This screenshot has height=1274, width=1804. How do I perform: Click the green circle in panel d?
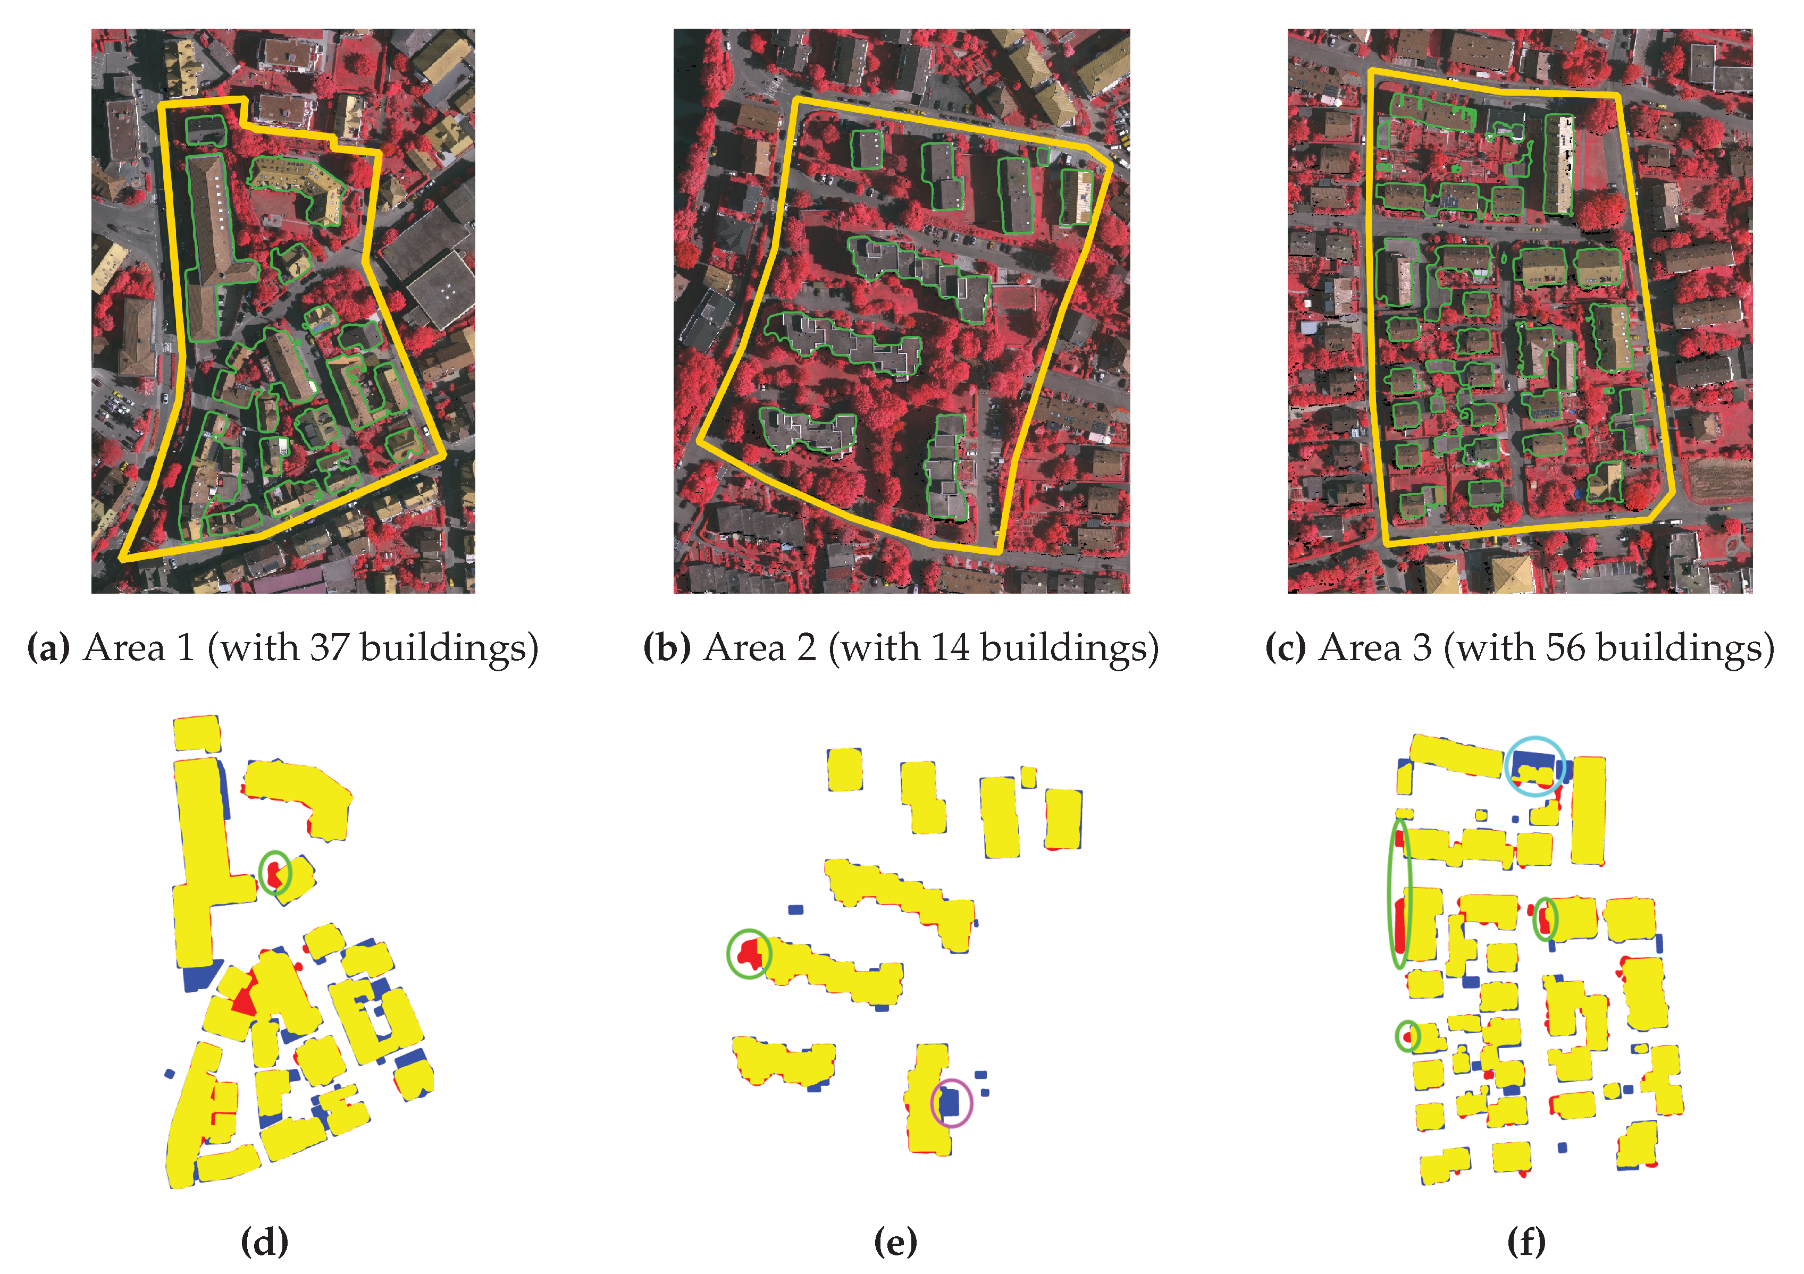275,872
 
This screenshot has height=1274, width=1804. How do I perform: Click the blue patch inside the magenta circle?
951,1100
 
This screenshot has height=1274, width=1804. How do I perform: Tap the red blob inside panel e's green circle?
750,953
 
